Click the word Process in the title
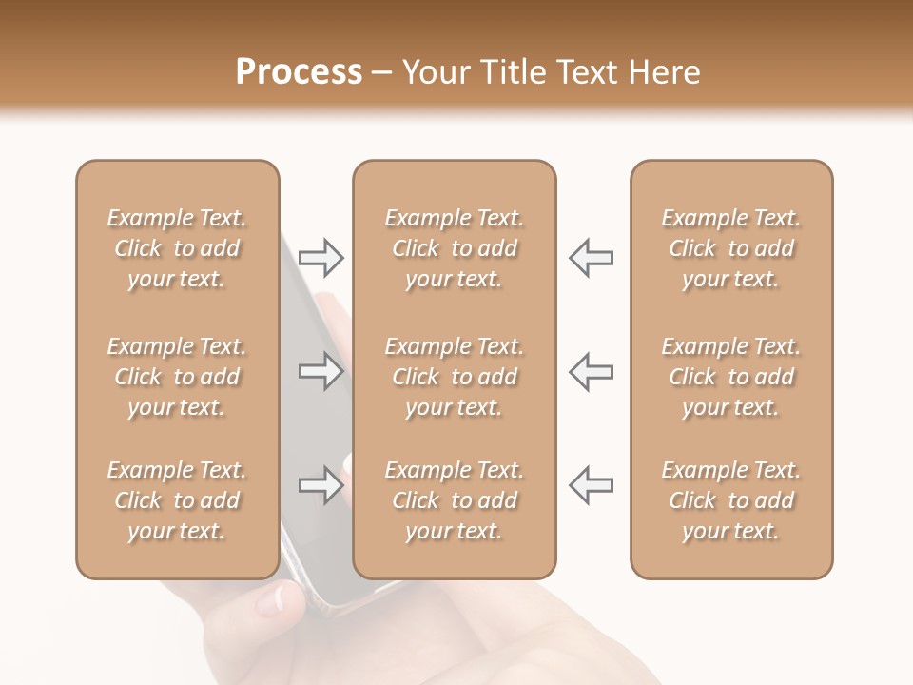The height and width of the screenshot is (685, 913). coord(299,72)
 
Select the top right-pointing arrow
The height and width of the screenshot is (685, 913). coord(321,258)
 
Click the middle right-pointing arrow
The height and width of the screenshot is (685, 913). coord(321,371)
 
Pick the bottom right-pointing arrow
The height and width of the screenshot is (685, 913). coord(321,487)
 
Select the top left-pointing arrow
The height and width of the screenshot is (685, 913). coord(591,258)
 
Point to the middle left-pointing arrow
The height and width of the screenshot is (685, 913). coord(591,371)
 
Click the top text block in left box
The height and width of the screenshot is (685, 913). coord(177,248)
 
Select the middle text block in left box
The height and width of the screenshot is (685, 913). coord(177,377)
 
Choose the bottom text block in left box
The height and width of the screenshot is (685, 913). coord(177,500)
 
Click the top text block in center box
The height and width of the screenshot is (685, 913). coord(454,248)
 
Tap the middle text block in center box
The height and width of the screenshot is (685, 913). coord(454,377)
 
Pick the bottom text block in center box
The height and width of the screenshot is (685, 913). coord(454,500)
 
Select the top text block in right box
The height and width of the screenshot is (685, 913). coord(731,248)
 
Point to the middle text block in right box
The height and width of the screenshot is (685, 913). coord(731,377)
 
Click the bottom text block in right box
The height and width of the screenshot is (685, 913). coord(731,500)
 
